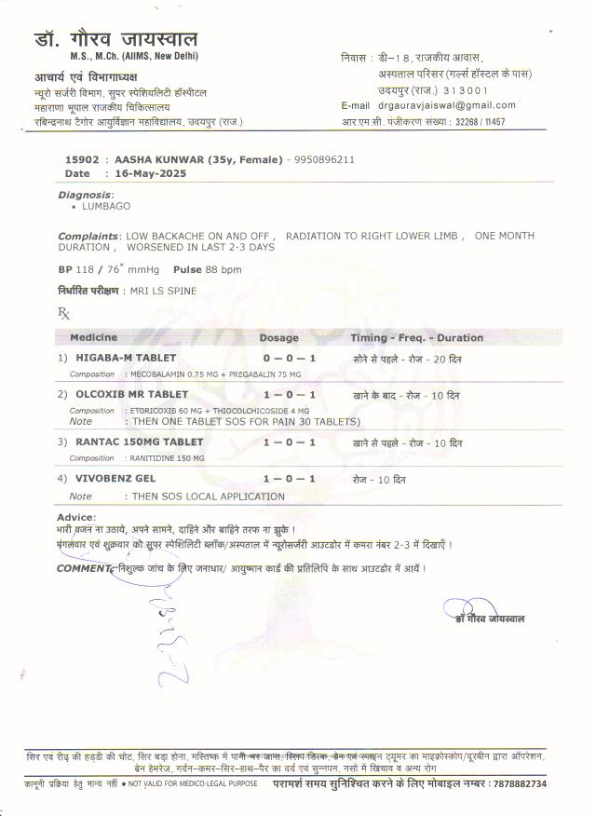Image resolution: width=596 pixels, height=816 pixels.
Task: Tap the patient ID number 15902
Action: pos(81,159)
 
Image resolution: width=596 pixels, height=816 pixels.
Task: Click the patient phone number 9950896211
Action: pos(323,159)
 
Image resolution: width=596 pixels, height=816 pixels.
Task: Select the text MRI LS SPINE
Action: pos(164,292)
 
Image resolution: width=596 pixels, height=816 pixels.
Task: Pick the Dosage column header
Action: pos(278,337)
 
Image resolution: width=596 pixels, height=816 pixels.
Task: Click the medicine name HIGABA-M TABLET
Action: pos(126,358)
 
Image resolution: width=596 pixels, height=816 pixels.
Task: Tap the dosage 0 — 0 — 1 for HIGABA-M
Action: pos(290,358)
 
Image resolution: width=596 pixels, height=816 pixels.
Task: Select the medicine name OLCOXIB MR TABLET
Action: pos(131,394)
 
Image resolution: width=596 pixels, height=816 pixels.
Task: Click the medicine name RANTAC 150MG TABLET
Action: pos(139,442)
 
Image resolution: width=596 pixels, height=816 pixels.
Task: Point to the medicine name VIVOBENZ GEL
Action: pos(115,479)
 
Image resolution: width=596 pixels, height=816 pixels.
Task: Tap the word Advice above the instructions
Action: pos(75,516)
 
